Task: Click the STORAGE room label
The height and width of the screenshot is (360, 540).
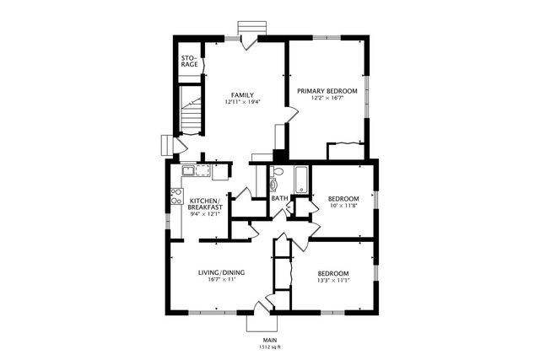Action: coord(190,61)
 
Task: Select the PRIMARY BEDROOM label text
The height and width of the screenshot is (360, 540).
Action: coord(327,90)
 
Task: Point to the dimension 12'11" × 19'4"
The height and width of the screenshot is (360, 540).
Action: coord(243,102)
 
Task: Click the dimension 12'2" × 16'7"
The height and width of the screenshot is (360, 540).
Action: coord(327,98)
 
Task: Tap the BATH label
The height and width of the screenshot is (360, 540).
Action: coord(278,199)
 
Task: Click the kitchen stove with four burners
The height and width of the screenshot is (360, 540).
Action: coord(176,196)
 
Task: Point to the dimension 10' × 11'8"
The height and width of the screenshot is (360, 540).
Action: coord(343,206)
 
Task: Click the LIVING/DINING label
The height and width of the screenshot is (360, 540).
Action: coord(220,272)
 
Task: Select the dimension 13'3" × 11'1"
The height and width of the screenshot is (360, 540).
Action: coord(333,281)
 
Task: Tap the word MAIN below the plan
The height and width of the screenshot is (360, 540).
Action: coord(269,340)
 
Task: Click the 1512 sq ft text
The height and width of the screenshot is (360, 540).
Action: coord(269,347)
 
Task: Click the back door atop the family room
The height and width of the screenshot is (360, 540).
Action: coord(247,40)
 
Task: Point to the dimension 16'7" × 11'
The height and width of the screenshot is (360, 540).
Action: coord(220,280)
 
